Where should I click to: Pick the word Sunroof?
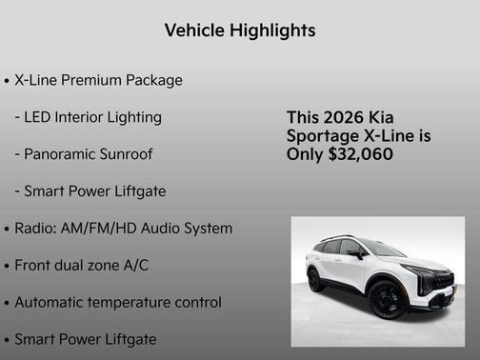[x=129, y=154]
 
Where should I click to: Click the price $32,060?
[x=360, y=153]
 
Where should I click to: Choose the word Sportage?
[x=323, y=136]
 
